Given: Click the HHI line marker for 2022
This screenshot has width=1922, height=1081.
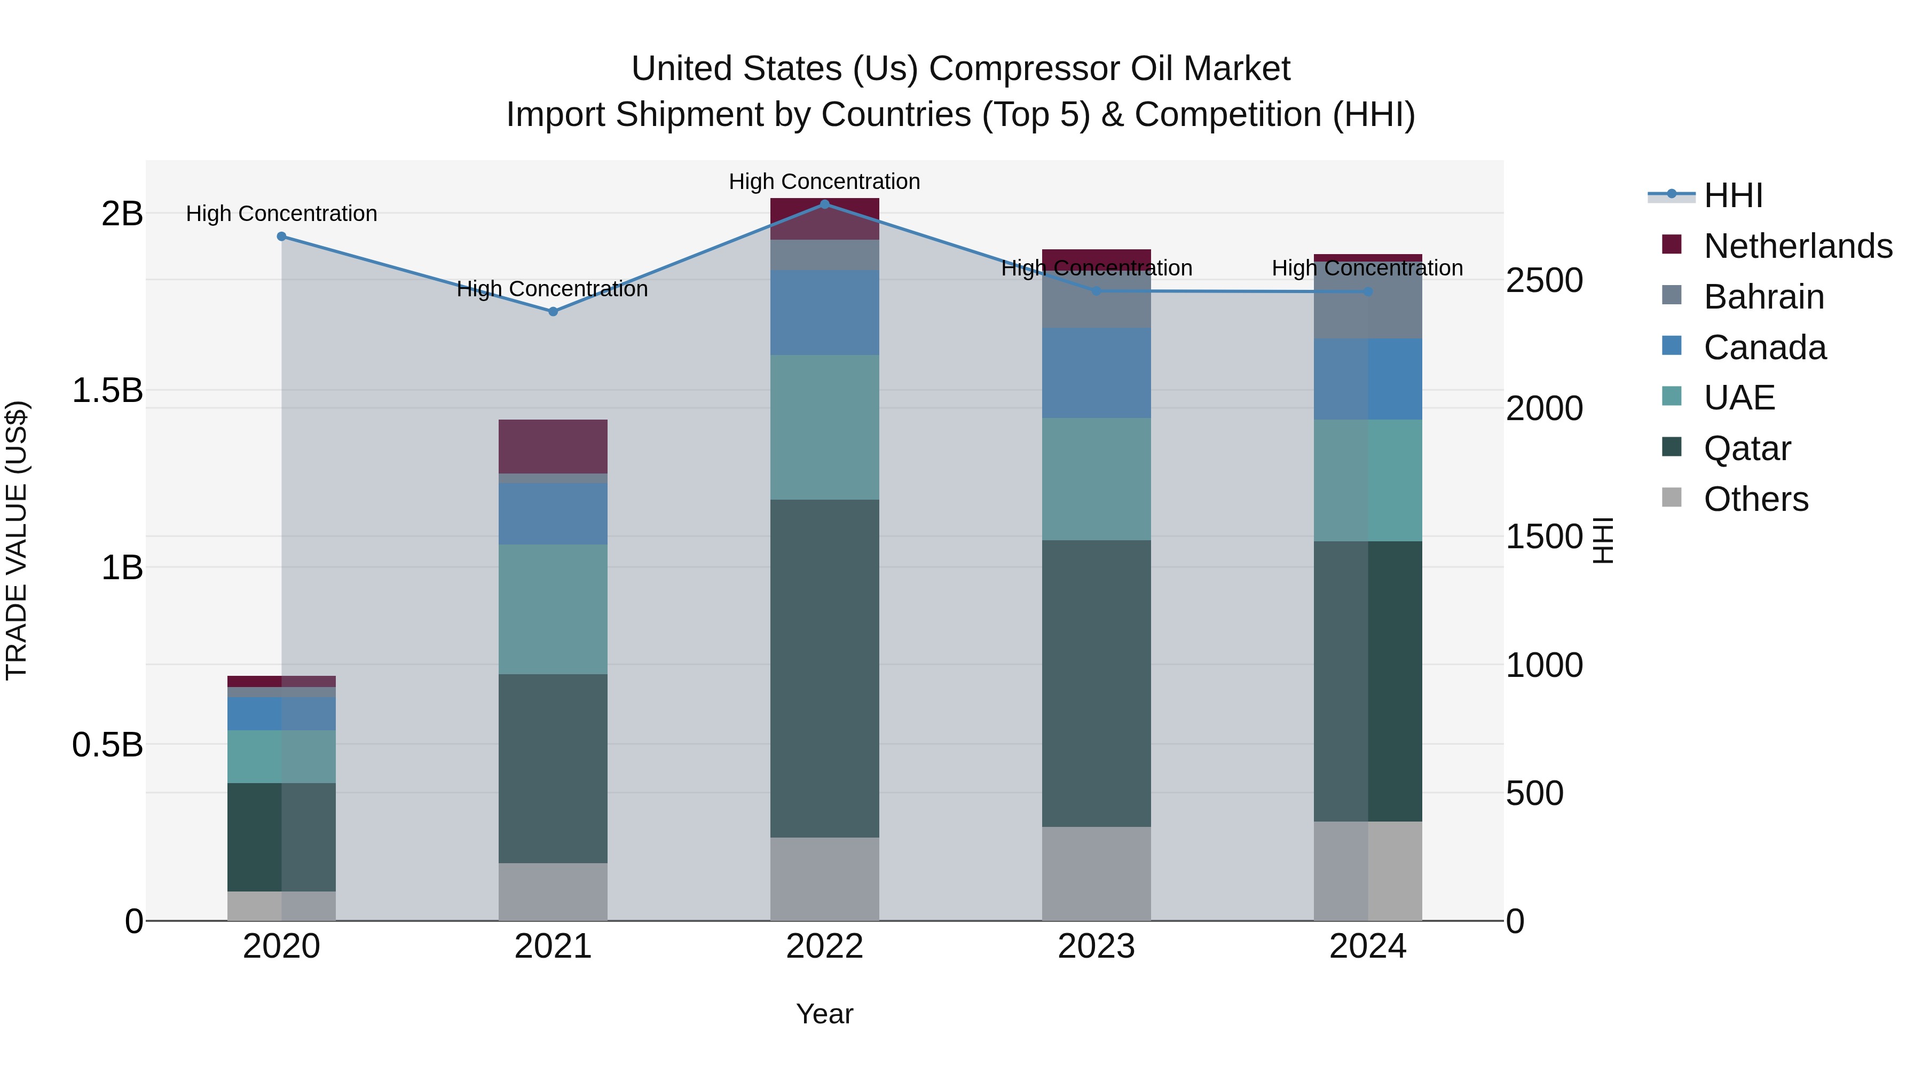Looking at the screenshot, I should point(824,204).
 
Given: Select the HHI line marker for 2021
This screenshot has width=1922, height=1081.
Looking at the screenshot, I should point(553,311).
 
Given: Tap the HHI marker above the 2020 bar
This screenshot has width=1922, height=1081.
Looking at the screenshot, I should point(281,236).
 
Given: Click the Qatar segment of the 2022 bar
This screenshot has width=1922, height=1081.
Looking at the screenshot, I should point(824,668).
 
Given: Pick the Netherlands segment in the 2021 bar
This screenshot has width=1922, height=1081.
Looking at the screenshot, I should point(553,446).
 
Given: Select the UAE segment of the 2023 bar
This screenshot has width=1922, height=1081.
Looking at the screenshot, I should point(1096,479).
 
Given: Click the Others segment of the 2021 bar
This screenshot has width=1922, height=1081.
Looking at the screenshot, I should point(553,891).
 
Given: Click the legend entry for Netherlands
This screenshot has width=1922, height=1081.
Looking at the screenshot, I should point(1797,246).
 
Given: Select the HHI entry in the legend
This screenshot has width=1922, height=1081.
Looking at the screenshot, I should point(1732,195).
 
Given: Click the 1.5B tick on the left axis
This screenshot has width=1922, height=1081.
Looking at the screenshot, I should point(107,390).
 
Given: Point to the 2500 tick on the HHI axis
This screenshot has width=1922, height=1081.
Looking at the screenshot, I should point(1543,280).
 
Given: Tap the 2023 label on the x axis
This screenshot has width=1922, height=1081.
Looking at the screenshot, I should point(1096,946).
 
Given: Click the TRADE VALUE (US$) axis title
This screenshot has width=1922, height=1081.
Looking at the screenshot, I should point(17,540).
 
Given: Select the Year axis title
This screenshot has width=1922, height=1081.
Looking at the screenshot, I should point(824,1014).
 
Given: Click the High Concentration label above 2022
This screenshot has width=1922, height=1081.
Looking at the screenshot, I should point(824,182).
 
